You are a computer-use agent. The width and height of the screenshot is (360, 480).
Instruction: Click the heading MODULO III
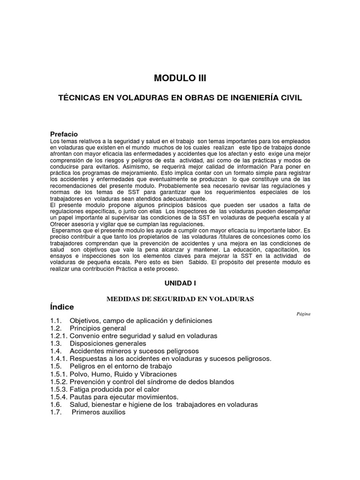point(180,78)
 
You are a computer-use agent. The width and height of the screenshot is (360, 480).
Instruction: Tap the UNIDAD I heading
point(180,284)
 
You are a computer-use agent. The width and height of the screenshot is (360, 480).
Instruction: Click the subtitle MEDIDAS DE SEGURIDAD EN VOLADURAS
point(180,299)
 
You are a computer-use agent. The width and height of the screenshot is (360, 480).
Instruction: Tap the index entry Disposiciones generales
point(108,344)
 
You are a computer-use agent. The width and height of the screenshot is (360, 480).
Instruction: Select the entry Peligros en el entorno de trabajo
point(120,366)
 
